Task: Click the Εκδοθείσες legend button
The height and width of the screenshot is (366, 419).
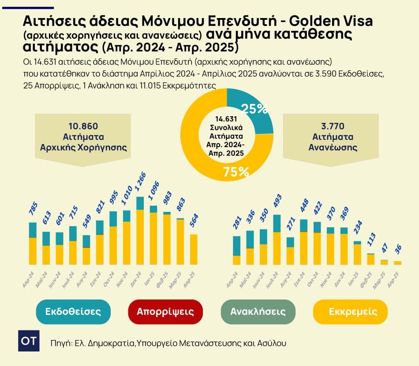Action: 73,312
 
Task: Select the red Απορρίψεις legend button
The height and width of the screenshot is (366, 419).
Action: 165,312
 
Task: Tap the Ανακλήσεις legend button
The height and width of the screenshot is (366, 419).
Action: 258,312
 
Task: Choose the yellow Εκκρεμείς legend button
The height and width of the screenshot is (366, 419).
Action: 350,312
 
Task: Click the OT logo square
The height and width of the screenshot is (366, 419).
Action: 29,340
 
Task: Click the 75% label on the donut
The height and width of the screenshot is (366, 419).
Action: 236,172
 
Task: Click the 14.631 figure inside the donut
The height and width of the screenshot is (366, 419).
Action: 227,119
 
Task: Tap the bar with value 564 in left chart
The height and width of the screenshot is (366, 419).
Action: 194,249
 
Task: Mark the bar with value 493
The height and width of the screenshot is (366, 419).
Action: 277,240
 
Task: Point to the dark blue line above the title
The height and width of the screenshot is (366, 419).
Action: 27,7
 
